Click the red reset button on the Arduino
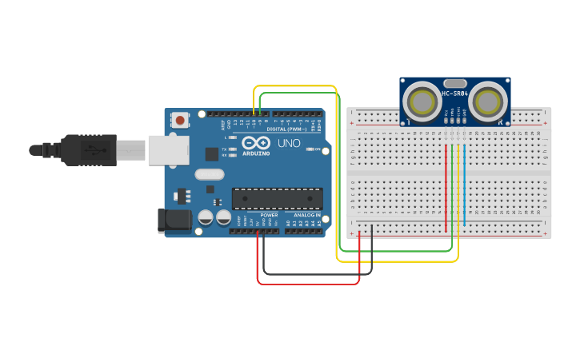pyautogui.click(x=181, y=120)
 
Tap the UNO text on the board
pyautogui.click(x=288, y=144)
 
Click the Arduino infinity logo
pyautogui.click(x=256, y=143)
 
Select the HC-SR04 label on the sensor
pyautogui.click(x=454, y=94)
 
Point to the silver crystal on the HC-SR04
pyautogui.click(x=454, y=82)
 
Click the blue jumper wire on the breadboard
pyautogui.click(x=464, y=184)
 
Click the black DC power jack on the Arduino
pyautogui.click(x=174, y=221)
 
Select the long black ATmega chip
pyautogui.click(x=277, y=199)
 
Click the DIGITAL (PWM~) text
pyautogui.click(x=286, y=129)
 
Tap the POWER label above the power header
pyautogui.click(x=269, y=215)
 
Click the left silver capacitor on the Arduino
pyautogui.click(x=206, y=217)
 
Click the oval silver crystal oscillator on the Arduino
pyautogui.click(x=209, y=175)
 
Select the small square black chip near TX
pyautogui.click(x=211, y=153)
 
